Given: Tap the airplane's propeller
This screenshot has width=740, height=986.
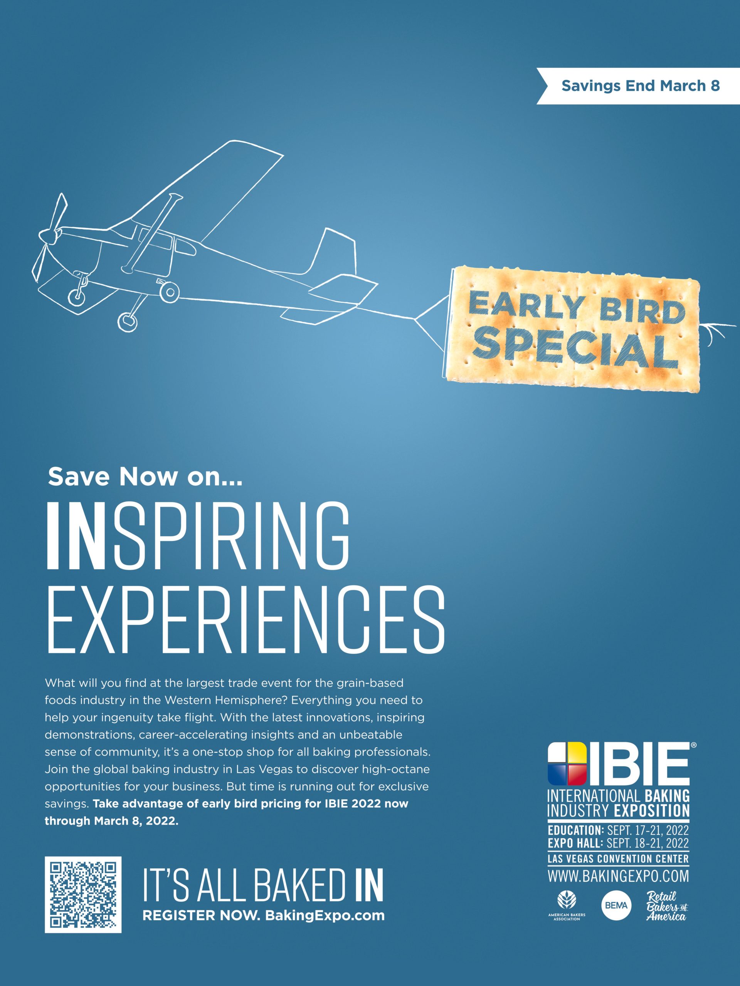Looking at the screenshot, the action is (x=48, y=234).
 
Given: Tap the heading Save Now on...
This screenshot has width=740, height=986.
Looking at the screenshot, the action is (x=145, y=477).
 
